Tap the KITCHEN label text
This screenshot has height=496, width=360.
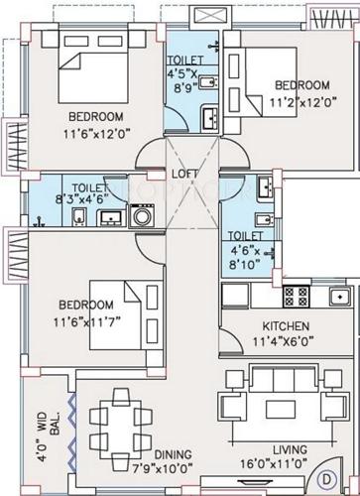[285, 326]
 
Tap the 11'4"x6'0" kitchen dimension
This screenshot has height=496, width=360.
[286, 341]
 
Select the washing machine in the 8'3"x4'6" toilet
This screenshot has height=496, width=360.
[141, 214]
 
